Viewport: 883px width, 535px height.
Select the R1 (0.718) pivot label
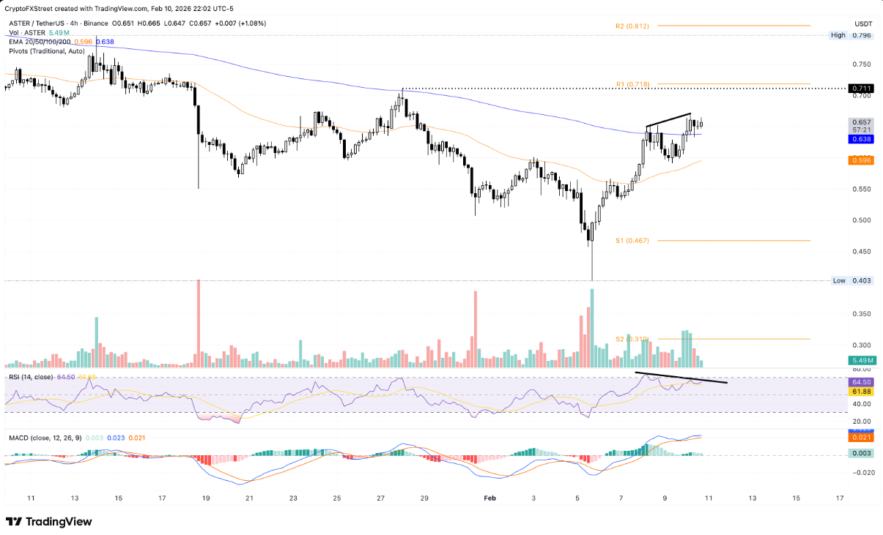coord(632,84)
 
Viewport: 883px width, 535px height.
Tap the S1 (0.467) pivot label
coord(632,241)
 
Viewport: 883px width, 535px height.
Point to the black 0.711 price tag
coord(860,89)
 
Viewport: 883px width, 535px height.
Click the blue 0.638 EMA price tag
coord(860,138)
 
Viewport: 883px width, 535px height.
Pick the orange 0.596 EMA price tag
coord(860,160)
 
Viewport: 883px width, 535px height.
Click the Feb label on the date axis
coord(490,498)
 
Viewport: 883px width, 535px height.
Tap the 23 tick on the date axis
coord(293,498)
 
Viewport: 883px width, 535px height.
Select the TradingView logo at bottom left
coord(48,522)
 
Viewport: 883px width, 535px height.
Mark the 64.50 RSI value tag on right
coord(860,382)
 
